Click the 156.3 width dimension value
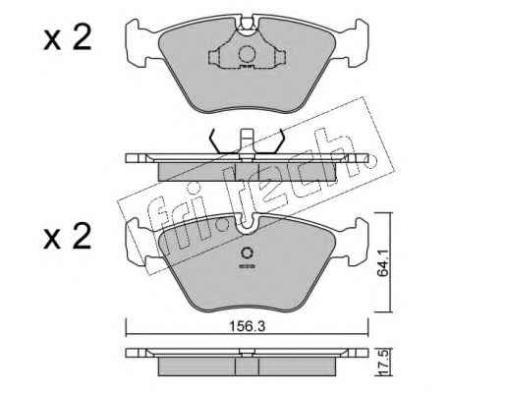tap(247, 326)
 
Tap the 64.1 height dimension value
tap(382, 263)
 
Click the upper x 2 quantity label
tap(68, 38)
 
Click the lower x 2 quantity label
tap(68, 236)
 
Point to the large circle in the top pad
tap(247, 54)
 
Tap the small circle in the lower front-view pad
tap(247, 253)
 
